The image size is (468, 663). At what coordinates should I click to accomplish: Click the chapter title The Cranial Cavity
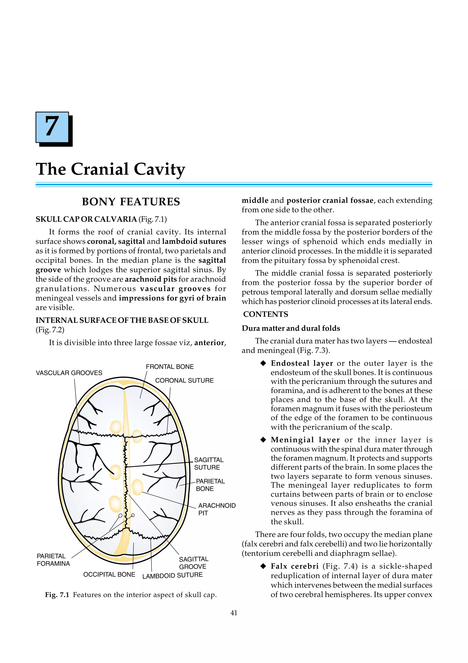(x=110, y=169)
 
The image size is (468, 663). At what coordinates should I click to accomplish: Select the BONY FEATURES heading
(x=131, y=202)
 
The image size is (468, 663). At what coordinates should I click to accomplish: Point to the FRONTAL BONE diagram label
(x=170, y=367)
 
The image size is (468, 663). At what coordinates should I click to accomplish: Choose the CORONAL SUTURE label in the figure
(x=184, y=381)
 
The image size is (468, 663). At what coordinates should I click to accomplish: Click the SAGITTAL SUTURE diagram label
(x=208, y=464)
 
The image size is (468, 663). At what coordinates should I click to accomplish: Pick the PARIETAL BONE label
(x=210, y=485)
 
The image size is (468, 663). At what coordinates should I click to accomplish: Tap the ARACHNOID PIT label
(x=217, y=509)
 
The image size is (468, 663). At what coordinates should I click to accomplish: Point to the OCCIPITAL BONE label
(x=109, y=575)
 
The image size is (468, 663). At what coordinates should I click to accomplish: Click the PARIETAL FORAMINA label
(x=53, y=560)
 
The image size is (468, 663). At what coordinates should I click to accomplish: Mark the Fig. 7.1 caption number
(x=57, y=595)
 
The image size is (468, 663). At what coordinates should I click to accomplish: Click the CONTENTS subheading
(x=266, y=314)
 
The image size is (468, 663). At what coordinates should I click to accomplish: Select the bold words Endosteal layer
(x=302, y=363)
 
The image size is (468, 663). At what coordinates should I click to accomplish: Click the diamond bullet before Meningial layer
(x=263, y=440)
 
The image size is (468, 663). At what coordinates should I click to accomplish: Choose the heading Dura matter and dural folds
(x=291, y=328)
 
